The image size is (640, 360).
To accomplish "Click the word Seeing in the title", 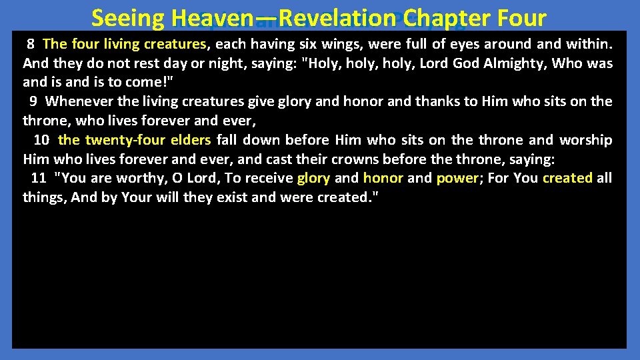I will (128, 18).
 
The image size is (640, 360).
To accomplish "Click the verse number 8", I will (31, 45).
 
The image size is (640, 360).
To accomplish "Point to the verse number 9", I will (33, 101).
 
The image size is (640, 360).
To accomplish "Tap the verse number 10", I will (41, 140).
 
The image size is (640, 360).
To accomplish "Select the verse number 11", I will (39, 178).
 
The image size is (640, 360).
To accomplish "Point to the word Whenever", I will (79, 101).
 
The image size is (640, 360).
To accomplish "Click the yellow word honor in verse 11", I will (383, 178).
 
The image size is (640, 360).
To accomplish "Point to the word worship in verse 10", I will (586, 140).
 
